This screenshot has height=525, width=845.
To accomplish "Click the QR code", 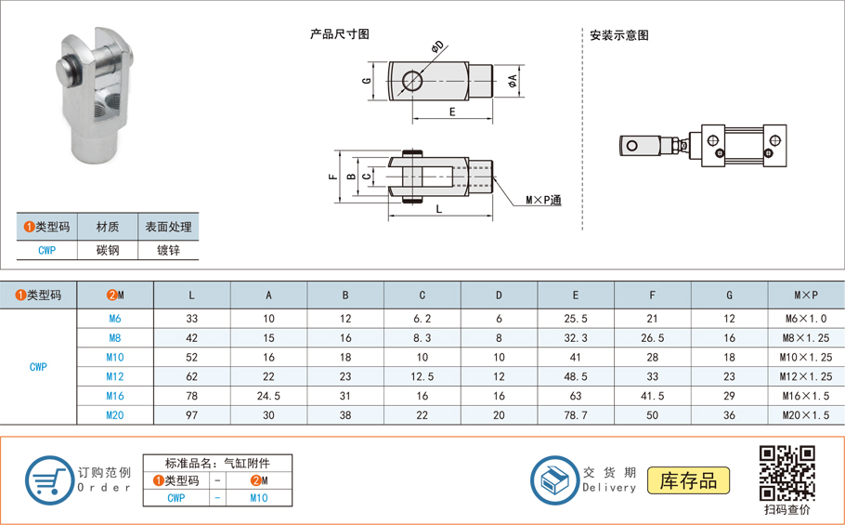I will pos(786,473).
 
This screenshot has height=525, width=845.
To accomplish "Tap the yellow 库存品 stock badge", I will pos(688,480).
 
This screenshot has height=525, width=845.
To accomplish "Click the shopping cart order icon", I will pos(48,480).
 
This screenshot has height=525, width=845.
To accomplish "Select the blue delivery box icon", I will pos(554,480).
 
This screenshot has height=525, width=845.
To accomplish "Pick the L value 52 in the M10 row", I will pos(192,357).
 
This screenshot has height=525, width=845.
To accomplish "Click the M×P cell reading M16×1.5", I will pos(806,396).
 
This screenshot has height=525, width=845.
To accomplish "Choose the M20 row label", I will pos(115,415).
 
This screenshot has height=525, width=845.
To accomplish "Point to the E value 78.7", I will pos(575,415).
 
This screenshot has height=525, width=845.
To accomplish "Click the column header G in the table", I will pos(729,295).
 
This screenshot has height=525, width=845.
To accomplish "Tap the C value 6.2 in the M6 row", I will pos(422,319).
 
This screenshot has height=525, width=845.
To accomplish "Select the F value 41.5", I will pos(652,396).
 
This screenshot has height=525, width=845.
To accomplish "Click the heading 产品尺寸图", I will pos(340,34).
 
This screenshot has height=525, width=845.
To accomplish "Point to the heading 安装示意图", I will pos(619,35).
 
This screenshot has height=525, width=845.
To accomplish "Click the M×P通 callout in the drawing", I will pos(543,200).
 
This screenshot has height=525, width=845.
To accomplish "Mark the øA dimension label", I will pos(513,83).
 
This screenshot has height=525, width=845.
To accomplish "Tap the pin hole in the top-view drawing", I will pos(411,82).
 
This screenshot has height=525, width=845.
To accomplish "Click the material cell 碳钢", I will pos(108,250).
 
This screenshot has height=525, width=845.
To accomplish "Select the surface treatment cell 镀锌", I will pos(168,250).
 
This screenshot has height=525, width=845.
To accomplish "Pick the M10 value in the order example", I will pos(259,498).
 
